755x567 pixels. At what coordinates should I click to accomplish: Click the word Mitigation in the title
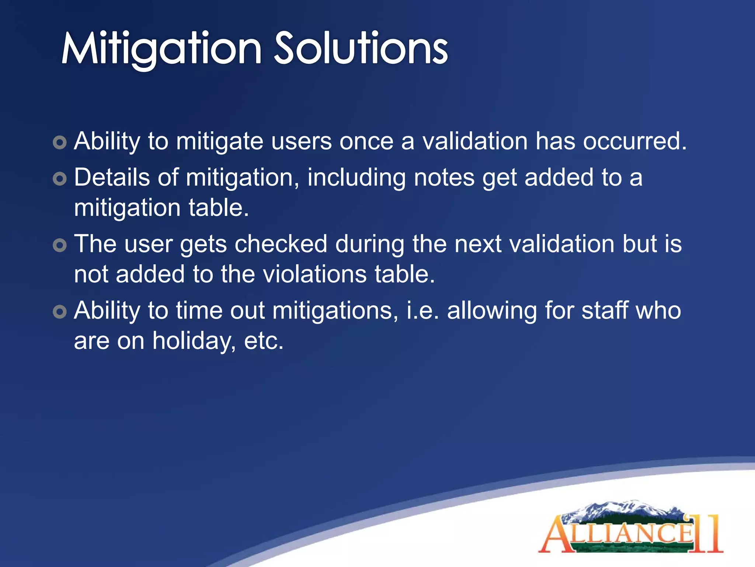(x=161, y=49)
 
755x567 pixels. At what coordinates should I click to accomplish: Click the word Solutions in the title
(x=361, y=49)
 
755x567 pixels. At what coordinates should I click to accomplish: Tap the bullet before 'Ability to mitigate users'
(x=60, y=142)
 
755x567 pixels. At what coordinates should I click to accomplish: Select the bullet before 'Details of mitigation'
(x=60, y=179)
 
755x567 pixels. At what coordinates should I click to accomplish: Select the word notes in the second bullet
(x=444, y=178)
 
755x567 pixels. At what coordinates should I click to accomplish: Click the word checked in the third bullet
(x=281, y=244)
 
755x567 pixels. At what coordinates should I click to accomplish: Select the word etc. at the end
(x=264, y=340)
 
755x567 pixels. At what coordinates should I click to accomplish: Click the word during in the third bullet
(x=369, y=244)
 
